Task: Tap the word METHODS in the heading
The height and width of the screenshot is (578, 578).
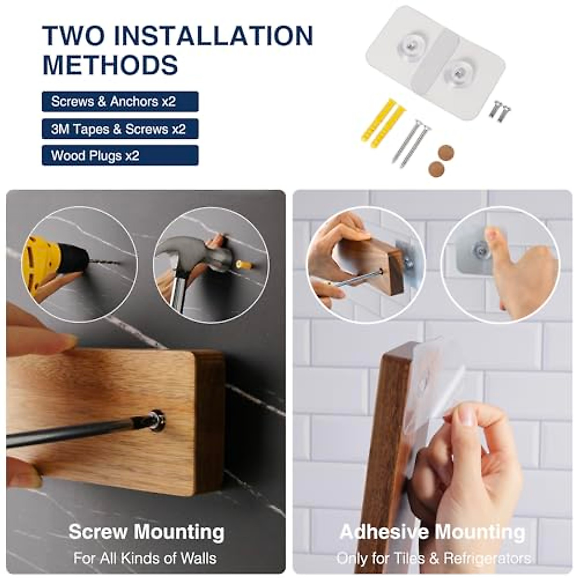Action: (110, 65)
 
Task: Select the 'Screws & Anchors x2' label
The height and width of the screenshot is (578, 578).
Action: (120, 102)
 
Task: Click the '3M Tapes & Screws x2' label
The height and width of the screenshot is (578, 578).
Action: (120, 129)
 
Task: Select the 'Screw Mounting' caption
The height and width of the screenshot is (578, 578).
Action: (146, 532)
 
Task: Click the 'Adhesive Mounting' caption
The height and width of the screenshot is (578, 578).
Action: (432, 532)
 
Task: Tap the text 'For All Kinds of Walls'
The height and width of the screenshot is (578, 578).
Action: (145, 558)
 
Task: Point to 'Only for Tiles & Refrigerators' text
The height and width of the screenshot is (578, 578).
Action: (433, 558)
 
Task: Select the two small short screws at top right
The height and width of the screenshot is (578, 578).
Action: (499, 110)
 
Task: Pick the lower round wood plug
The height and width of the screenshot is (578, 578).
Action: (436, 169)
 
